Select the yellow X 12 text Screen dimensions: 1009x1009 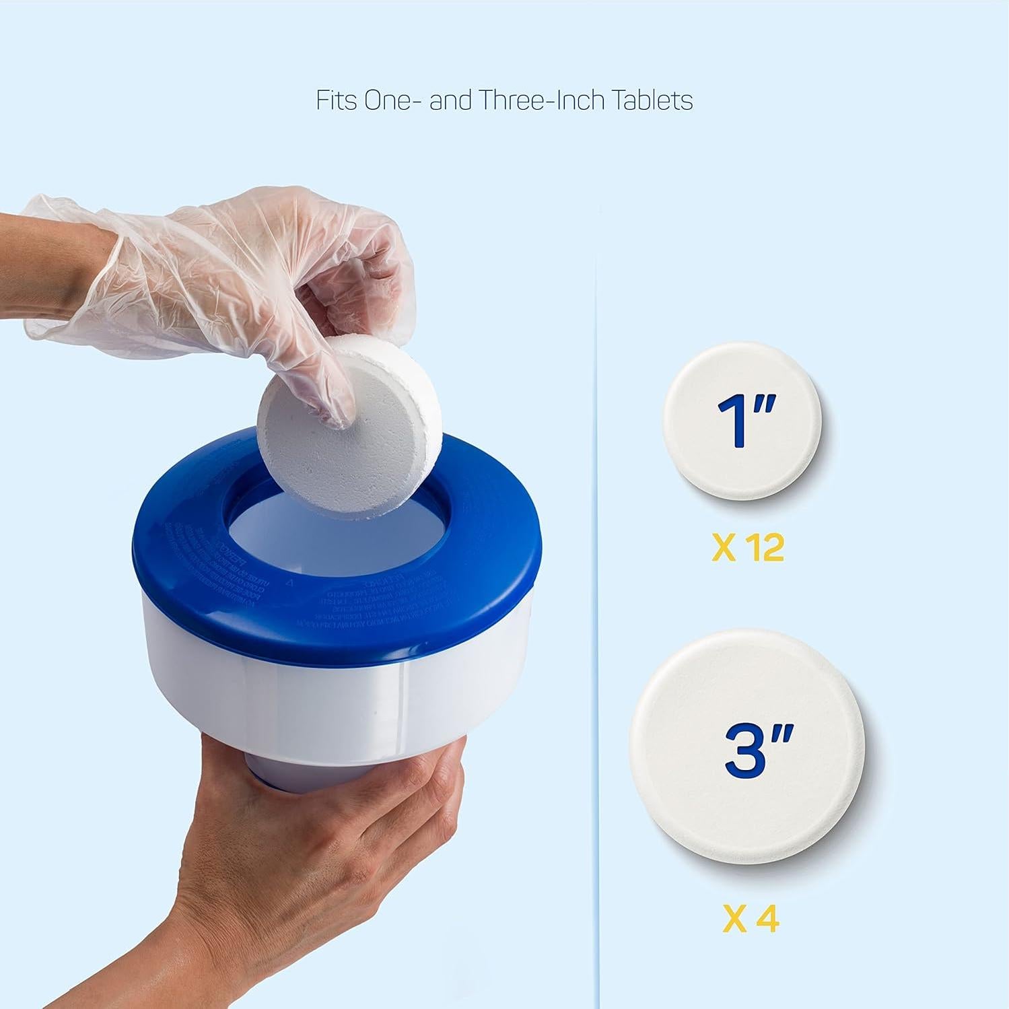click(748, 549)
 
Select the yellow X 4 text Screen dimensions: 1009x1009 click(751, 919)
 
